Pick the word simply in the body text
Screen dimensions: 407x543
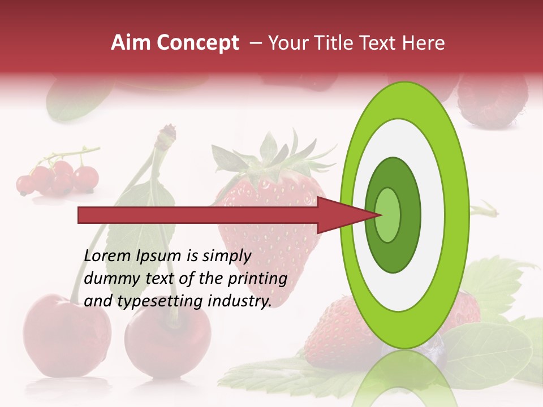tap(226, 257)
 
